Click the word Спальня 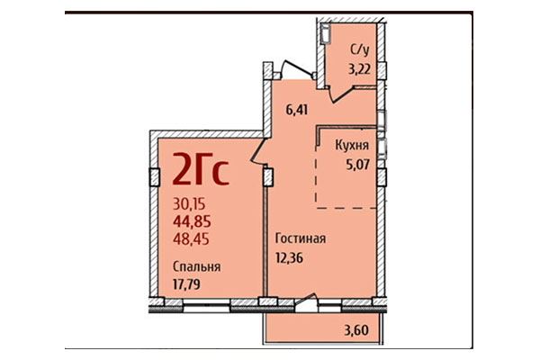tap(197, 266)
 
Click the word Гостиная tap(300, 239)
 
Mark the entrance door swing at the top tap(293, 67)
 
